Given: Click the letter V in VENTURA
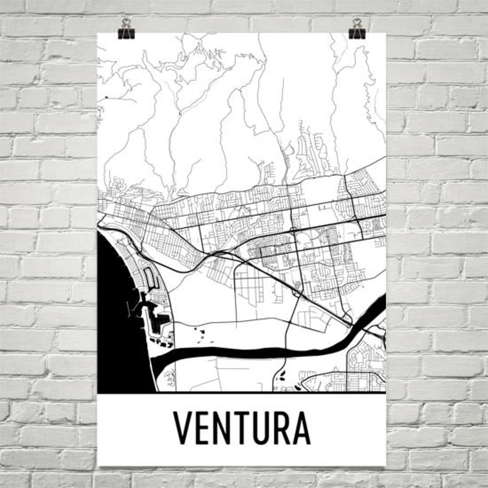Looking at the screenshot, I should tap(183, 428).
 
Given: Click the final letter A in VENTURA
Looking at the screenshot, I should tap(301, 428).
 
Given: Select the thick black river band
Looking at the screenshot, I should tap(253, 352).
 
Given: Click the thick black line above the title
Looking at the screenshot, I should tap(242, 393).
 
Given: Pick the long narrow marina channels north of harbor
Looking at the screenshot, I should tap(149, 278).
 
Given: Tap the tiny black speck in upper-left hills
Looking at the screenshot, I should tap(107, 97).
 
